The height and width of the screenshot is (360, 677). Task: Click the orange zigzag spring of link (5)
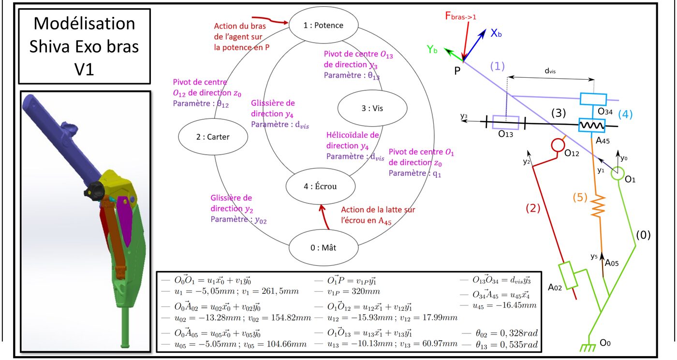[x=598, y=206]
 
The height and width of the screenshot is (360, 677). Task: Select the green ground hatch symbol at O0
[x=588, y=347]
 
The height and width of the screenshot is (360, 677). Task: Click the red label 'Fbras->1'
[x=460, y=16]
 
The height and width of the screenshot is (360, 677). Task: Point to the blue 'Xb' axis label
[x=496, y=33]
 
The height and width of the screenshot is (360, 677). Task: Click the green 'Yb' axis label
[x=432, y=49]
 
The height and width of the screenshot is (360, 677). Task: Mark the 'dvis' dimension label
[x=550, y=71]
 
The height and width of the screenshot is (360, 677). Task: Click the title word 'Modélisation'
[x=84, y=23]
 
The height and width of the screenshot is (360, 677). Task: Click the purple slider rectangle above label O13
[x=506, y=122]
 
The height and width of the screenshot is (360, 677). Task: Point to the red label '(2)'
[x=533, y=208]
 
